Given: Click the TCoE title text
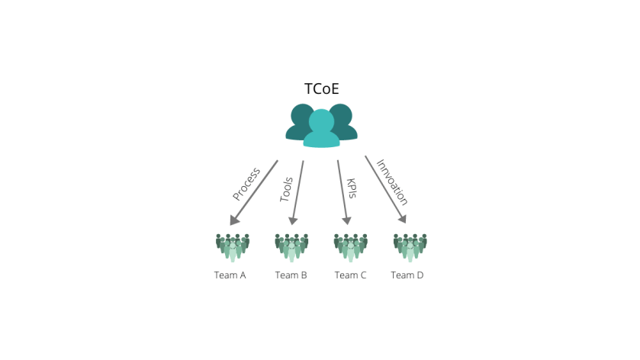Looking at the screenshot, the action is (322, 89).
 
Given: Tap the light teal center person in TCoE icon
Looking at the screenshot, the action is (322, 128).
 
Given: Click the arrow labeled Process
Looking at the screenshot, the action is (254, 193).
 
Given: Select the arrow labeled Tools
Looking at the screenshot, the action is (297, 193).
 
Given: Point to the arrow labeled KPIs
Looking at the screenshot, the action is (343, 192).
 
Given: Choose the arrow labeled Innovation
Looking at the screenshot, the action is (386, 189).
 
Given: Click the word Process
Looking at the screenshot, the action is (246, 184).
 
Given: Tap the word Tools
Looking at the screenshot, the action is (286, 189).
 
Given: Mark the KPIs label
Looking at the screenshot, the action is (352, 188).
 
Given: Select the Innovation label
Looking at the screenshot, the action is (392, 182).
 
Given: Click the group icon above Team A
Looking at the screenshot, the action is (233, 248).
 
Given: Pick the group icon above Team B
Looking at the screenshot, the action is (291, 248).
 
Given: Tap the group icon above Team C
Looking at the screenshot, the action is (351, 248).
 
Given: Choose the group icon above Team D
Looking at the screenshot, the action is (410, 248).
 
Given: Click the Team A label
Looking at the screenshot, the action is (230, 275).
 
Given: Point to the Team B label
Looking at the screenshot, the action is (291, 275).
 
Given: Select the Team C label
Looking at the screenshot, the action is (351, 275).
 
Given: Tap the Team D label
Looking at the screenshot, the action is (407, 275).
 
